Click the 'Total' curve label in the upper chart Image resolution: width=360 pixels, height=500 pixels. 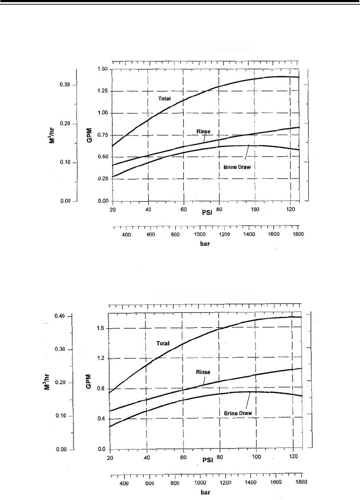click(x=164, y=99)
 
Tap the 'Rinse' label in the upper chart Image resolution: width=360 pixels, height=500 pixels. click(x=203, y=131)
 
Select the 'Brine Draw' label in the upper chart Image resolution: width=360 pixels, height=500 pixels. click(x=237, y=167)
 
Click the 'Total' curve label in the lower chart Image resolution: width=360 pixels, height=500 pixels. click(x=163, y=343)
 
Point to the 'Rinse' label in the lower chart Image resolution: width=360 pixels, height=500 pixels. click(x=203, y=372)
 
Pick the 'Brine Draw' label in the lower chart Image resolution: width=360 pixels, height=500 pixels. click(x=238, y=413)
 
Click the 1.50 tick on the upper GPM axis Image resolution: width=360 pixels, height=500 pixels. click(x=103, y=69)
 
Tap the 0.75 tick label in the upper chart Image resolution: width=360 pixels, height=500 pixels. click(x=103, y=135)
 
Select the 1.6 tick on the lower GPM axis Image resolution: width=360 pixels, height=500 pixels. click(x=100, y=328)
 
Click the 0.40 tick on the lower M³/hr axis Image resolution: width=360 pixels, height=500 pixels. click(x=59, y=316)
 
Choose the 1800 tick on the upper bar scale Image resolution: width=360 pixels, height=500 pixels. click(x=298, y=234)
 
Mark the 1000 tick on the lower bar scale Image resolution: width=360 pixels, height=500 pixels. click(x=200, y=483)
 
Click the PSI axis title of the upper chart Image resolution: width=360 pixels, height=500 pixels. click(x=207, y=213)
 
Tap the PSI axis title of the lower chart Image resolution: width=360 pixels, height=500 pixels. click(x=208, y=460)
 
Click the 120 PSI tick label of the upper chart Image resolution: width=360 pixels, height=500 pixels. click(x=291, y=209)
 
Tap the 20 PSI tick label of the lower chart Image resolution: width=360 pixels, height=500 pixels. click(x=110, y=457)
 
